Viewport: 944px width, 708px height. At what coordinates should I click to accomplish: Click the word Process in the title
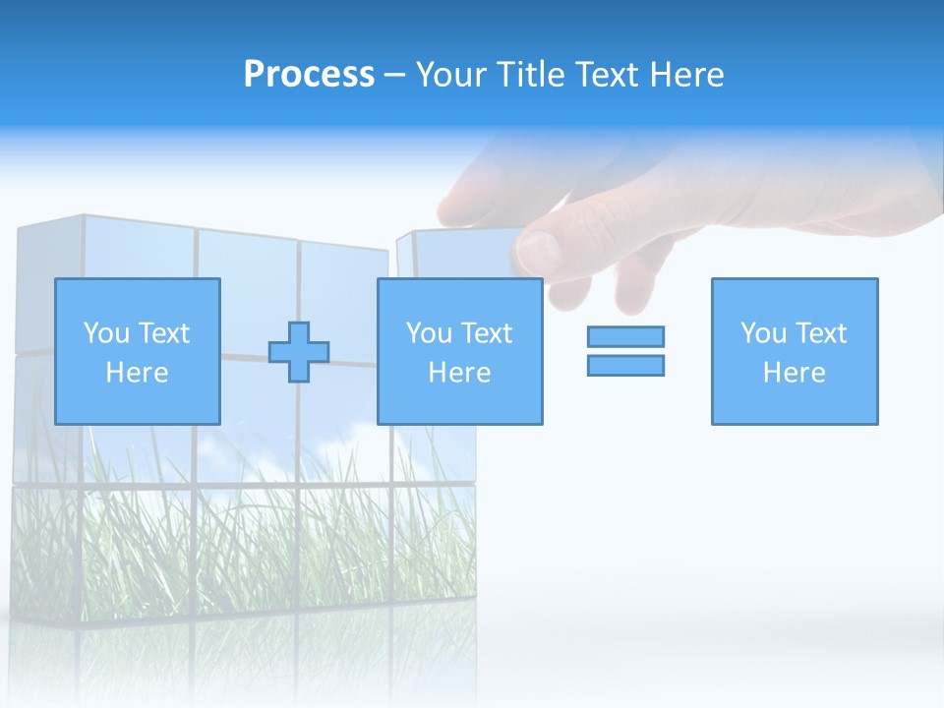pos(309,75)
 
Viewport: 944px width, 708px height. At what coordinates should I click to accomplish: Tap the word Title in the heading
pos(532,75)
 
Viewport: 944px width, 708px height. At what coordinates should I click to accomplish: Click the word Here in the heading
pos(689,75)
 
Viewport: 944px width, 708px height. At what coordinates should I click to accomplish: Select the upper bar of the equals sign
pos(625,336)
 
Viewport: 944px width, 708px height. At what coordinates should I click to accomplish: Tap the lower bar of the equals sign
pos(625,365)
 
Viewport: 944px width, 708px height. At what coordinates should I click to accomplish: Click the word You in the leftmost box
pos(106,333)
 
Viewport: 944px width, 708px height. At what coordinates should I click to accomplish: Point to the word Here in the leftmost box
pos(137,373)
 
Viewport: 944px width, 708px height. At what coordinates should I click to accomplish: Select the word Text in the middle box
pos(487,333)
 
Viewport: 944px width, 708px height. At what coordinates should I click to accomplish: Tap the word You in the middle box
pos(429,333)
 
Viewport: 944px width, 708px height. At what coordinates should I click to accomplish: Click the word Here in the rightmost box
pos(794,373)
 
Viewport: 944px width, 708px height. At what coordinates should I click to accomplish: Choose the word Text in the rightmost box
pos(821,333)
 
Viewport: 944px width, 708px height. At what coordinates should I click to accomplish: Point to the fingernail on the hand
pos(539,251)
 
